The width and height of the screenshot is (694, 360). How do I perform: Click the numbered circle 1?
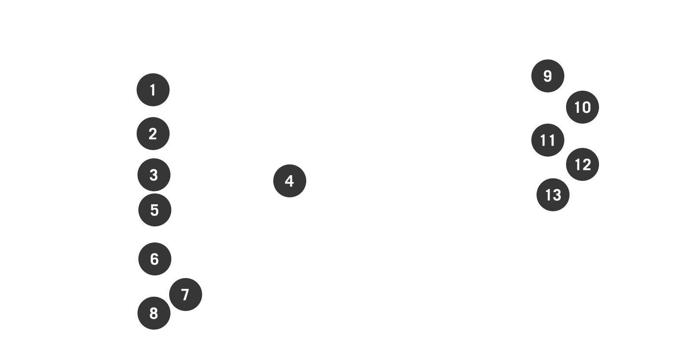click(153, 90)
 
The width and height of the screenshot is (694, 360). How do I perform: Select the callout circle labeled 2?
click(153, 134)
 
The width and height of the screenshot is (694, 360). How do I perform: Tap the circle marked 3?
click(154, 175)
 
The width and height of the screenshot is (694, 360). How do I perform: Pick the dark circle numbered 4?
click(290, 181)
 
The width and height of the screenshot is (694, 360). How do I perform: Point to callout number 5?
click(154, 210)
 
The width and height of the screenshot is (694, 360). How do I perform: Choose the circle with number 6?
click(154, 259)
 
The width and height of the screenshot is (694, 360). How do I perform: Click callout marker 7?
click(185, 295)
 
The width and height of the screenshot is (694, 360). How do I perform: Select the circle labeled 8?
click(154, 313)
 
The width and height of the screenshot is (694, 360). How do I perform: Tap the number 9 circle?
click(547, 76)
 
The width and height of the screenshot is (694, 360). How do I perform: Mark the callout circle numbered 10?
click(582, 107)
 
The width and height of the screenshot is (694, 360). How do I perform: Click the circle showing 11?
click(547, 140)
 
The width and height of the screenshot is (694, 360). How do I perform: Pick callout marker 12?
click(582, 164)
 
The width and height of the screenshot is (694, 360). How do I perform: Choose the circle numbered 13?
click(553, 195)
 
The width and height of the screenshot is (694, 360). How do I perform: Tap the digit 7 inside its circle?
click(185, 295)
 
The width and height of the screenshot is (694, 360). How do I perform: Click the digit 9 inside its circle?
click(547, 76)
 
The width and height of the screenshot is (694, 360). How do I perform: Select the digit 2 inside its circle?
click(153, 134)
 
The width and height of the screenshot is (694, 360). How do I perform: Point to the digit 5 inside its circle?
click(154, 210)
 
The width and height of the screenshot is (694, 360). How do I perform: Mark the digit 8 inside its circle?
click(154, 313)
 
